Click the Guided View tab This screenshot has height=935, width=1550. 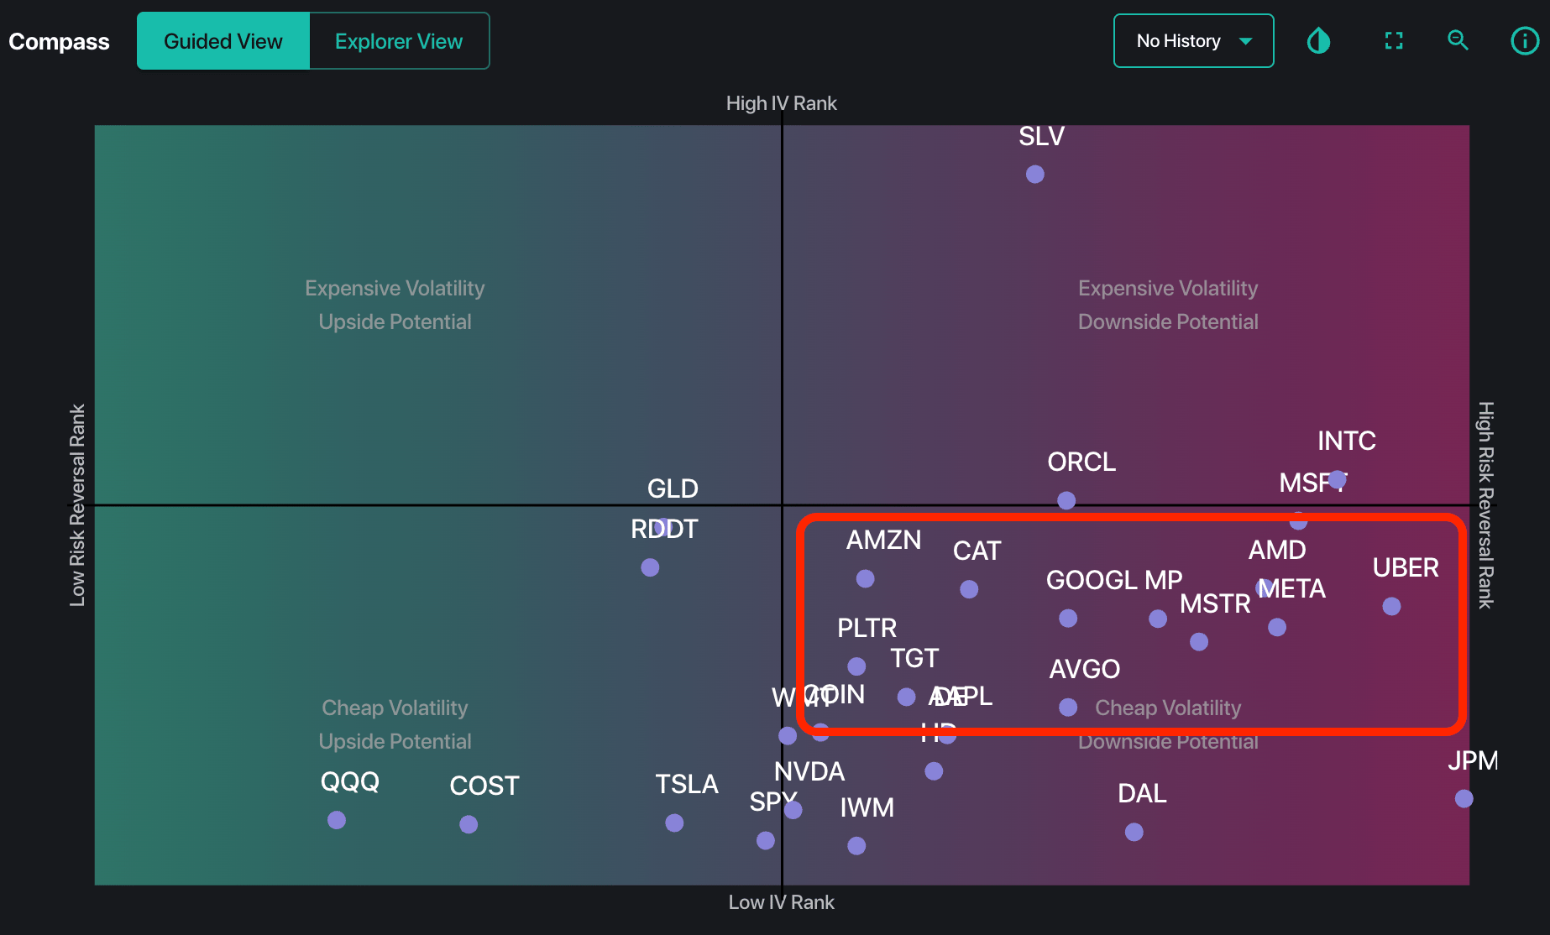click(223, 41)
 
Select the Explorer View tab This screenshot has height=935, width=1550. click(399, 41)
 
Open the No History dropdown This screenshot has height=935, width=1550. click(1193, 41)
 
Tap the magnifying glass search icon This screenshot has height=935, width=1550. click(1458, 40)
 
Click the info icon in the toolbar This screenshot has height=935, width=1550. click(1524, 40)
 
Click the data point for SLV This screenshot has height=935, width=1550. click(1035, 174)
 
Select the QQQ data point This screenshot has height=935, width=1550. click(337, 820)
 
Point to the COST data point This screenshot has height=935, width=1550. click(469, 824)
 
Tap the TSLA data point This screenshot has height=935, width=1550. click(674, 823)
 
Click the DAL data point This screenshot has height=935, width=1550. click(1134, 832)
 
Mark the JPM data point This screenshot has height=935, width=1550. click(1464, 798)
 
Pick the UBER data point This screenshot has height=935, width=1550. click(1391, 606)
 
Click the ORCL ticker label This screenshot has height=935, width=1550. click(1081, 462)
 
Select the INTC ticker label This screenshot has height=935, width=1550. click(1346, 441)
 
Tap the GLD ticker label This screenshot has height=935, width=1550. click(673, 488)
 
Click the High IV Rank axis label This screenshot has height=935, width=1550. click(781, 103)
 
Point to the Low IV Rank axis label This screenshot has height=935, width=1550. click(781, 902)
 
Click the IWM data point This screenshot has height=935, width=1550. click(856, 845)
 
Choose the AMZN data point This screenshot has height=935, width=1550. click(865, 578)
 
